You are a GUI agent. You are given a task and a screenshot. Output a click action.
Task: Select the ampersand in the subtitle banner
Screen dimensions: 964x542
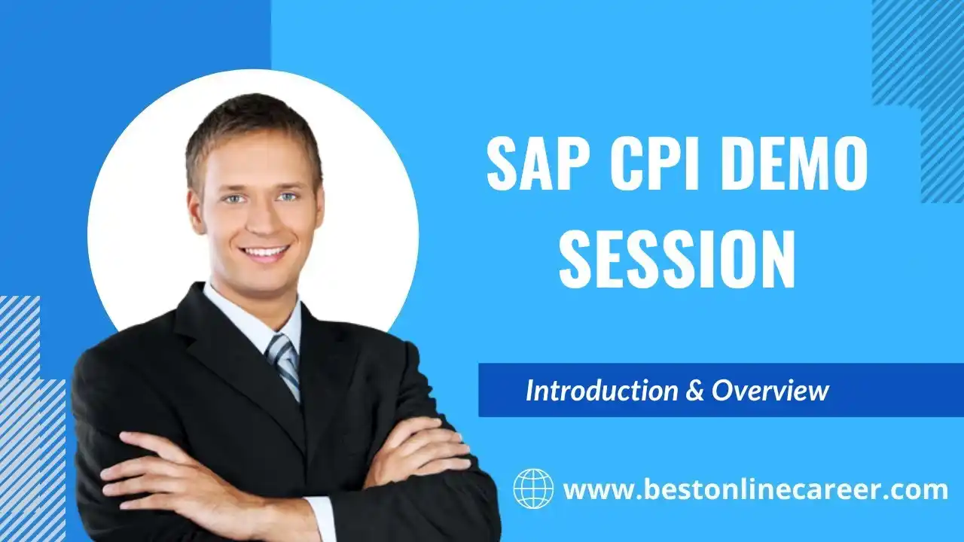click(694, 391)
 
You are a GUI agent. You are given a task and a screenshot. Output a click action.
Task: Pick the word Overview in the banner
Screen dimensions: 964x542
click(770, 391)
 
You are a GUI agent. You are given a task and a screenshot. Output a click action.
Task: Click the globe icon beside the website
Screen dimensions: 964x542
click(534, 489)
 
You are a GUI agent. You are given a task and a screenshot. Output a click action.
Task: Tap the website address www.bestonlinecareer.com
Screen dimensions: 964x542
click(755, 489)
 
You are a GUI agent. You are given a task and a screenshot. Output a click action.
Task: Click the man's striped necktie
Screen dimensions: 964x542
click(284, 366)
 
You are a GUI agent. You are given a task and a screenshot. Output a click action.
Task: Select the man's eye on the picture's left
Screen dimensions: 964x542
click(233, 199)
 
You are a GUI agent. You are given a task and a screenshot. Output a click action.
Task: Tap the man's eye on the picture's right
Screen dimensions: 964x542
click(288, 196)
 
